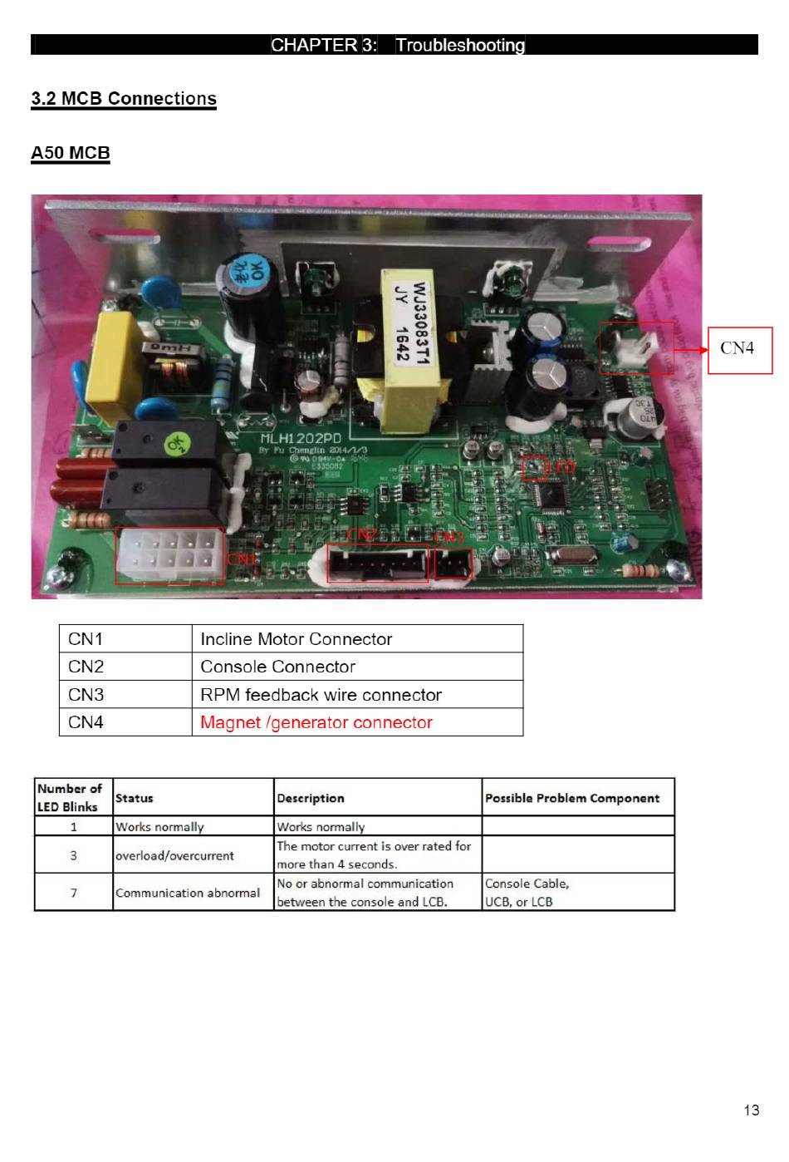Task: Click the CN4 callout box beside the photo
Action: [739, 350]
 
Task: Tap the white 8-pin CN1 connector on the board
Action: [169, 555]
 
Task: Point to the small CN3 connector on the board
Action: [453, 565]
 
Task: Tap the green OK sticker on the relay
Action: [176, 443]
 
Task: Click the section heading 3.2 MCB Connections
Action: [124, 99]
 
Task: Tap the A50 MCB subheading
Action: [71, 153]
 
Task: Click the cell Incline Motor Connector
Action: [296, 639]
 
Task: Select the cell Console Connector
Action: [277, 667]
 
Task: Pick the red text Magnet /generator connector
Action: [316, 722]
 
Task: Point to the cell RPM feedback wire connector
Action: [321, 695]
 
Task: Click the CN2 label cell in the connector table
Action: [86, 667]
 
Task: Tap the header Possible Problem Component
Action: [572, 798]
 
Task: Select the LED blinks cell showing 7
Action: [74, 893]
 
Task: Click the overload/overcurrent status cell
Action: [174, 855]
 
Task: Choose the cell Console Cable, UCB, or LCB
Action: [527, 893]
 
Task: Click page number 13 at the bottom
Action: [751, 1110]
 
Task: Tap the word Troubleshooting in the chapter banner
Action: [460, 45]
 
